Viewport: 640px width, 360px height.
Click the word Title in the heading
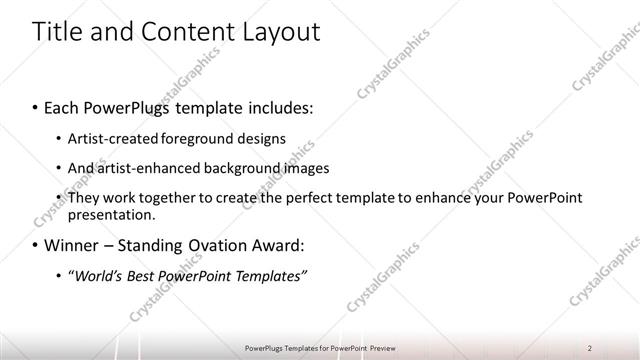pyautogui.click(x=57, y=32)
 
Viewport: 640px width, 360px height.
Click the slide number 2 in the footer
pyautogui.click(x=590, y=347)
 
